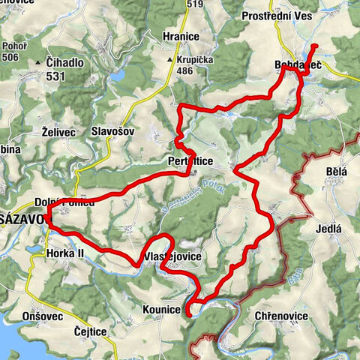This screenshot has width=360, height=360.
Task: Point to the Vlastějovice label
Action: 170,256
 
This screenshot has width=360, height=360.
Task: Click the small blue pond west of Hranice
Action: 118,76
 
